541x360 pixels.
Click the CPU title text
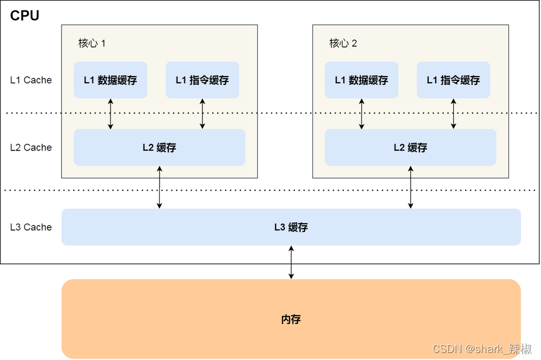25,16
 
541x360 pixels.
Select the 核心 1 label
92,43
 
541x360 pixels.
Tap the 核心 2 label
343,43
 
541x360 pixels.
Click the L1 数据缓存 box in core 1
110,80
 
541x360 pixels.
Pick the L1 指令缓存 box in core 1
202,80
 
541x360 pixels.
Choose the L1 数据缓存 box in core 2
361,80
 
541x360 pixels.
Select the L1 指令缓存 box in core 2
453,80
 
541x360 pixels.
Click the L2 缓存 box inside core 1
159,148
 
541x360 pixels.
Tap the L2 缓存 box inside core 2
410,148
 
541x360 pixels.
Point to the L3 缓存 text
291,227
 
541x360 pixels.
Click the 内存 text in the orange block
291,320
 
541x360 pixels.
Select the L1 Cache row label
31,80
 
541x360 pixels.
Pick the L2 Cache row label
31,148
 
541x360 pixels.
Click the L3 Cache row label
31,227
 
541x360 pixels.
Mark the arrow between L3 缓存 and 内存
291,262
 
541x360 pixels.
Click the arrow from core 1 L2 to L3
159,187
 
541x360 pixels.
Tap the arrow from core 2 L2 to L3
411,187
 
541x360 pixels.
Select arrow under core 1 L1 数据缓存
111,114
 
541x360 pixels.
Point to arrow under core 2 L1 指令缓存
454,114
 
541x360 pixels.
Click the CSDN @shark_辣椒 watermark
483,349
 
